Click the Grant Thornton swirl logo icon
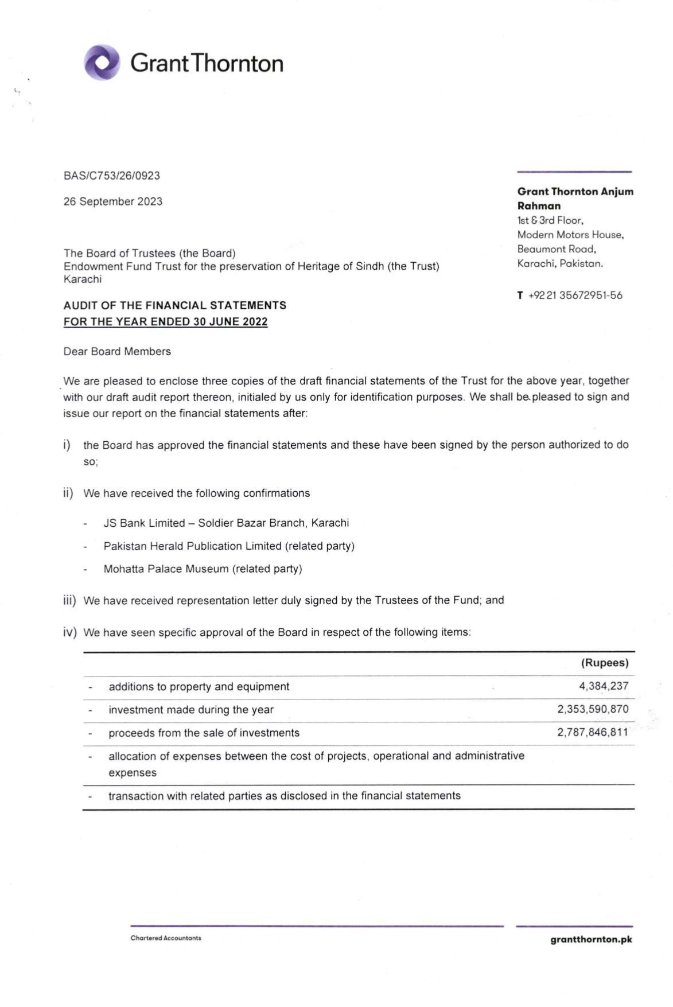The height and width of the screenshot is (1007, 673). [102, 62]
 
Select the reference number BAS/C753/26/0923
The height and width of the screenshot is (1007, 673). [112, 176]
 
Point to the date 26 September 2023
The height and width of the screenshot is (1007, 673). [113, 201]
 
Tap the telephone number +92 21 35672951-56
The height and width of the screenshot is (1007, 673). [575, 296]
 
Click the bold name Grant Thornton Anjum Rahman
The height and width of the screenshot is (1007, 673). [575, 199]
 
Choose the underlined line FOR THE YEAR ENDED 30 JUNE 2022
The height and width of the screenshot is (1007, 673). [165, 322]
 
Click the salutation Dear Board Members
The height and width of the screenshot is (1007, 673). [117, 352]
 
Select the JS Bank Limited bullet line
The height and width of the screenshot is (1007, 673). [226, 523]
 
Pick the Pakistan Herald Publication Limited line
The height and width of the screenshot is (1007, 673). [229, 546]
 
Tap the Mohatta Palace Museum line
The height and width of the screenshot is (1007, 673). [203, 569]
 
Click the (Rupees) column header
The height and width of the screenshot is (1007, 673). [605, 663]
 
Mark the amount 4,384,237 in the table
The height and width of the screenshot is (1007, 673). [604, 686]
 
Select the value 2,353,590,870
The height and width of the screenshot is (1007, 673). [593, 709]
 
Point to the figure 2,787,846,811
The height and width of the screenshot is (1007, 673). [593, 732]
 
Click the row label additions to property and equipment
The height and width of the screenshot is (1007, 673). [199, 687]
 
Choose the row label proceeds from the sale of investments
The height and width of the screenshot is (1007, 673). [204, 733]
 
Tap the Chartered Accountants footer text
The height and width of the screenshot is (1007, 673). [166, 938]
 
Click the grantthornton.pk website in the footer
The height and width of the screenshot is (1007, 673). [591, 940]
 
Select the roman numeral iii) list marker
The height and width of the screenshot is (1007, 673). [69, 601]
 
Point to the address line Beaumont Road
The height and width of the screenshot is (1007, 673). [557, 249]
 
